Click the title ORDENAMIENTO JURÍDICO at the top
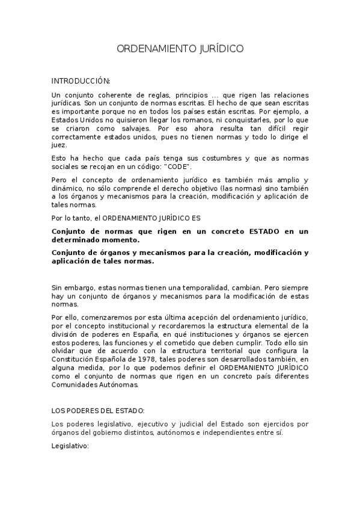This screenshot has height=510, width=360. tap(180, 49)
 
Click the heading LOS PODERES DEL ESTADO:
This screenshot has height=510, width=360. tap(98, 410)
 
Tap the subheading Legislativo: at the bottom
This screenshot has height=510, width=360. tap(70, 446)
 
